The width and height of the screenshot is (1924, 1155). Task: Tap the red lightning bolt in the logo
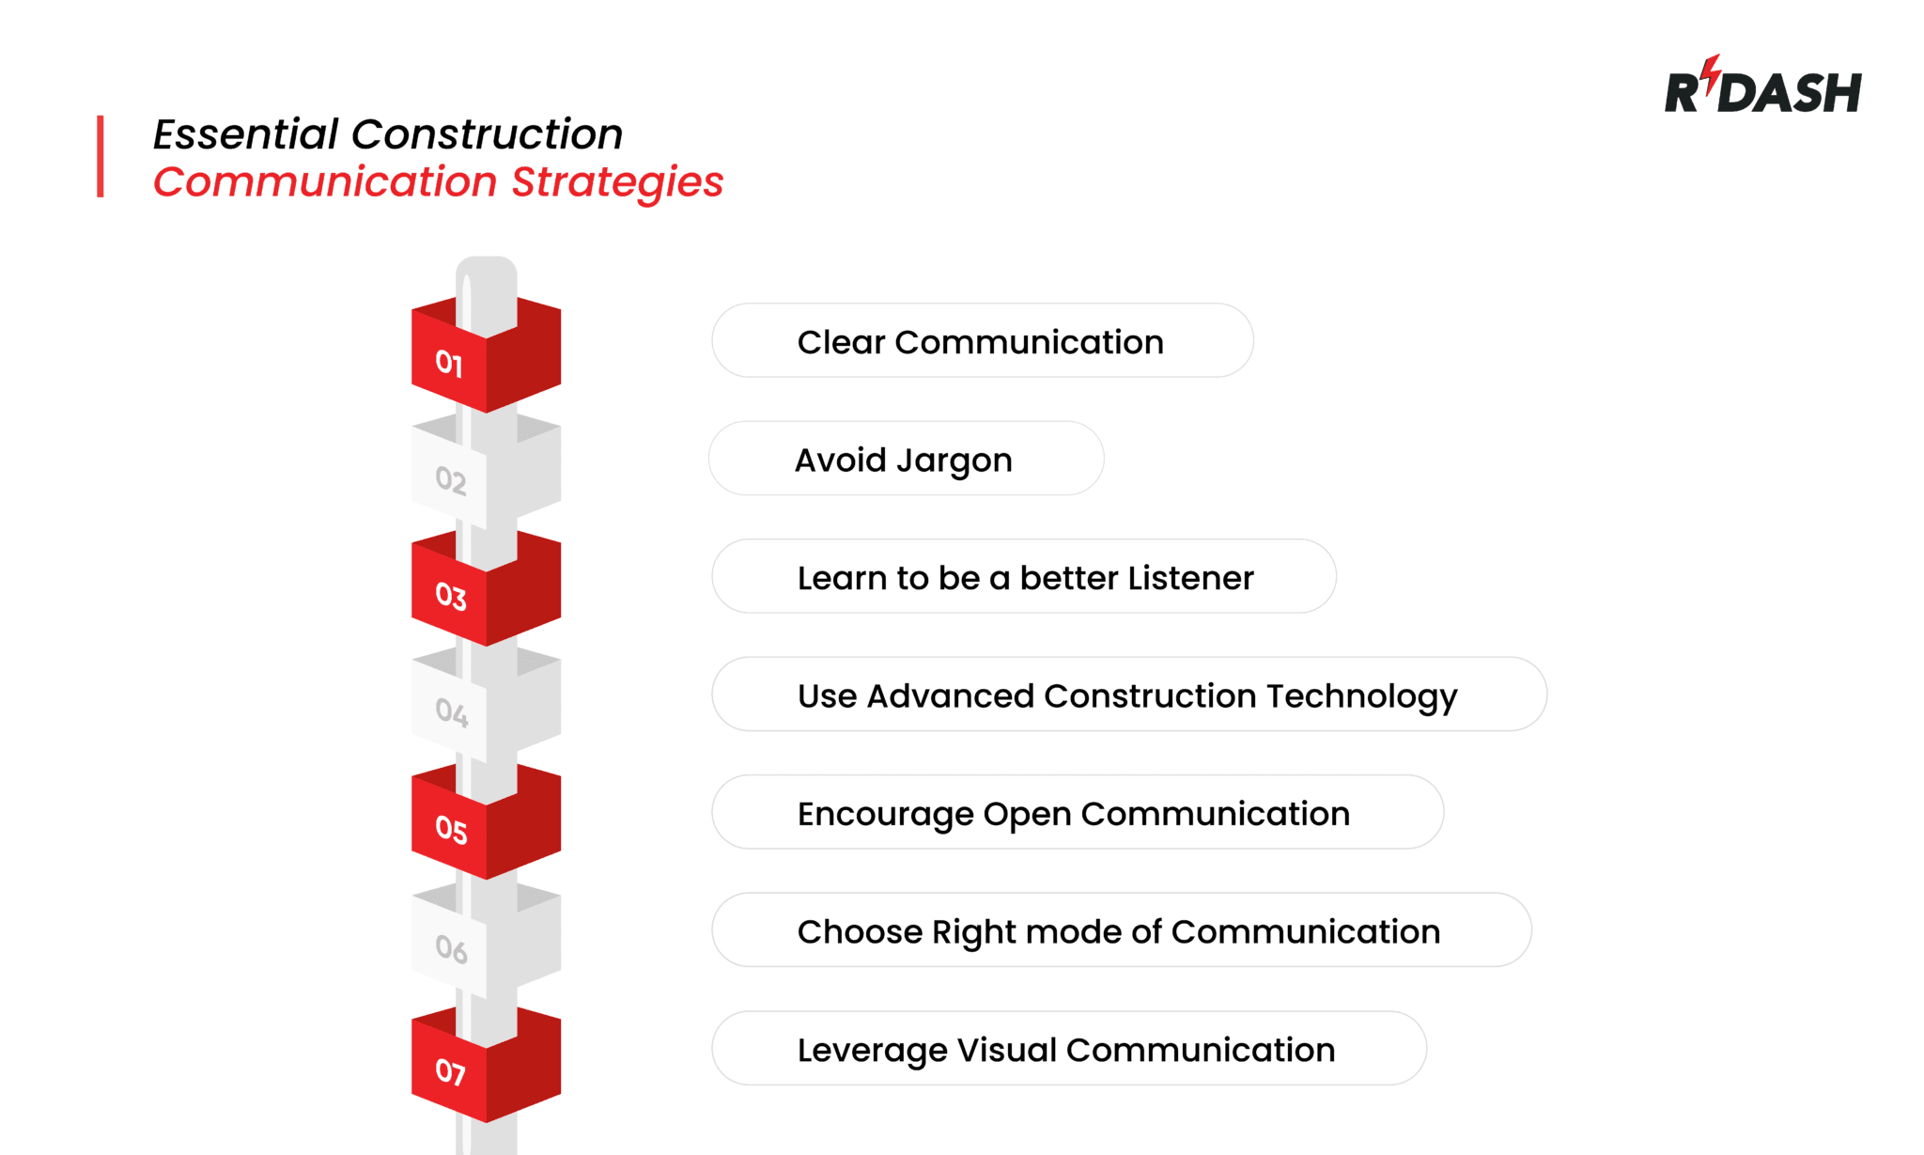click(1712, 71)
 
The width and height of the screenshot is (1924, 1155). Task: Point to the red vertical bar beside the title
click(101, 156)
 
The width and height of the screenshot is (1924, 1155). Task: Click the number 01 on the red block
click(449, 364)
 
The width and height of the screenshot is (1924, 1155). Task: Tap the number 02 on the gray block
click(451, 480)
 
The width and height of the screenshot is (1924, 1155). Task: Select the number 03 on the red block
click(451, 597)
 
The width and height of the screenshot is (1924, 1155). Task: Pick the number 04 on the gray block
click(451, 712)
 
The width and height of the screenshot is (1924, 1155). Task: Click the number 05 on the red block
click(451, 830)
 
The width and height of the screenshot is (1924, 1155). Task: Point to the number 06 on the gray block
click(451, 949)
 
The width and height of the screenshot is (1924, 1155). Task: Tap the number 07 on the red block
click(450, 1071)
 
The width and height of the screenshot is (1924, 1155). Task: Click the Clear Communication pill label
click(981, 342)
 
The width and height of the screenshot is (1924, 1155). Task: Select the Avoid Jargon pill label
click(904, 460)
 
